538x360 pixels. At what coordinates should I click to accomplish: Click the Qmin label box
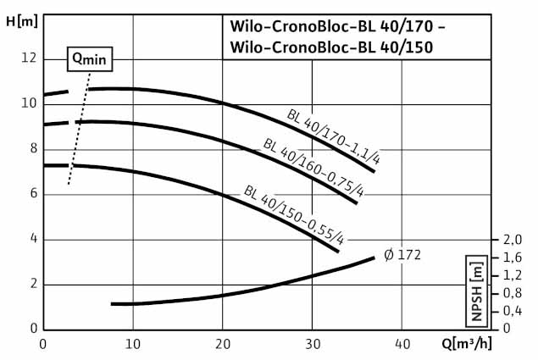point(90,58)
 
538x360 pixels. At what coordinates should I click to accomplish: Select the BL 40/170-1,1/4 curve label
point(330,139)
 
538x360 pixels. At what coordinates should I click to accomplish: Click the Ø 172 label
point(402,254)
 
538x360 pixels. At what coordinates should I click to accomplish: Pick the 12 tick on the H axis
point(30,58)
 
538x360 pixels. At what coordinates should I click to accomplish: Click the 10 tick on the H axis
point(30,103)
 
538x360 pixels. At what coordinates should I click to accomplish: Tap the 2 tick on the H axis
point(31,284)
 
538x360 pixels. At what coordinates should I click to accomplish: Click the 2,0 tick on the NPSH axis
point(513,240)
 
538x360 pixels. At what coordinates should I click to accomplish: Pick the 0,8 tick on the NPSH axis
point(513,293)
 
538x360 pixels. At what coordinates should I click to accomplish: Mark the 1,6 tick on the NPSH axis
point(513,258)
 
